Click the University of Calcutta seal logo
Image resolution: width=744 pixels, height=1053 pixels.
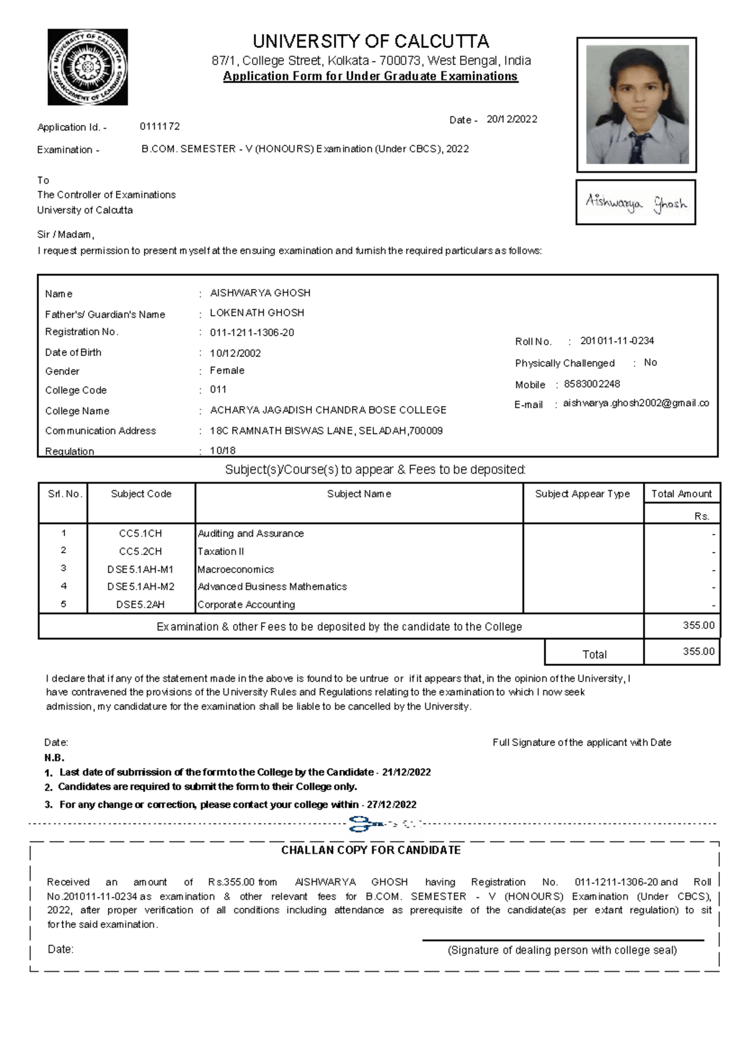(87, 67)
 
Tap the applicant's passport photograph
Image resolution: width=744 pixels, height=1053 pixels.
(637, 104)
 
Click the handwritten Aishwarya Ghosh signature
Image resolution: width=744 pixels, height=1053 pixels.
(635, 203)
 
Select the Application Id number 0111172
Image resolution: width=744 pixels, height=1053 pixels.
(159, 127)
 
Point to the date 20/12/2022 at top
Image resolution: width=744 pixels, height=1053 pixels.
(511, 119)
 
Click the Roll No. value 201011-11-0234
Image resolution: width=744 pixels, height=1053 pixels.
(617, 341)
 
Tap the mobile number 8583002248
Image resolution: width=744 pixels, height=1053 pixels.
(591, 384)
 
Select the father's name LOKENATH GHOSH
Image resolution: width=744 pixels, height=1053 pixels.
(257, 313)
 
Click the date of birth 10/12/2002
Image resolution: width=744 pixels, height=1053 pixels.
(235, 353)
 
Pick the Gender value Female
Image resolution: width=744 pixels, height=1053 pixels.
(227, 370)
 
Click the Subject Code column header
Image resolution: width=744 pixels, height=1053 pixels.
(141, 494)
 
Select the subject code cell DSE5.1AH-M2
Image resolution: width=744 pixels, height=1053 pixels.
(141, 586)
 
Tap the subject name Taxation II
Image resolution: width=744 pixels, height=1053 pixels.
(221, 551)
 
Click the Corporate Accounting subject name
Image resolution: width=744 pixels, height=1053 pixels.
(246, 604)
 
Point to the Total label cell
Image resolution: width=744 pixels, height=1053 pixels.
(594, 654)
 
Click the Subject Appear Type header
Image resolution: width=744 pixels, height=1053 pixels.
(582, 494)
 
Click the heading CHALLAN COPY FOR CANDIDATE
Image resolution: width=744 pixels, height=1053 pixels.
(371, 850)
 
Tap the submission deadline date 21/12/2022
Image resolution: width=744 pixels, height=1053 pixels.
(406, 772)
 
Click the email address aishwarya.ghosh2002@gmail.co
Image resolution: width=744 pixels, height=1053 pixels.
(635, 403)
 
